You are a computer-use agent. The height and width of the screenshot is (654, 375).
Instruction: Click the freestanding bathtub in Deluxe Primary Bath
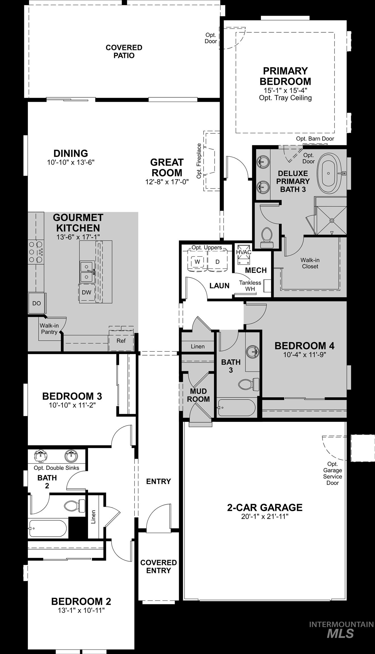[329, 173]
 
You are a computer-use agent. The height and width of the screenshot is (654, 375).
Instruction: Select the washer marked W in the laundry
[197, 262]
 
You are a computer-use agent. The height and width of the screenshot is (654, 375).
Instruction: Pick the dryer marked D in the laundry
[217, 262]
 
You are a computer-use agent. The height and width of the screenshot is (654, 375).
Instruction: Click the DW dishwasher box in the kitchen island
[86, 292]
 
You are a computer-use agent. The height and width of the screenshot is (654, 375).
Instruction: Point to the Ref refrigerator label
[121, 341]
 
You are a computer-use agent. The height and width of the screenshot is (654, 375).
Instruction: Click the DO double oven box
[37, 303]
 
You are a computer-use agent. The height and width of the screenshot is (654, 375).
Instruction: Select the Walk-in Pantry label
[49, 329]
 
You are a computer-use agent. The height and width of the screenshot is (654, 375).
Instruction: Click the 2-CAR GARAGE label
[265, 507]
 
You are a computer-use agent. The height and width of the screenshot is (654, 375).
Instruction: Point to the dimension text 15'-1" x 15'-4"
[285, 90]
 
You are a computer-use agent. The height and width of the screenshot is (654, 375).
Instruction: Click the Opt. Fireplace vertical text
[199, 161]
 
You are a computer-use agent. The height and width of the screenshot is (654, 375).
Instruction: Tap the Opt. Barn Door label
[315, 139]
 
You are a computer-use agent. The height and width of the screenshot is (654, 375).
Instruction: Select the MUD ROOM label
[198, 395]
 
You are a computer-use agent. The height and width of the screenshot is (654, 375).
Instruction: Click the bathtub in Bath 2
[48, 528]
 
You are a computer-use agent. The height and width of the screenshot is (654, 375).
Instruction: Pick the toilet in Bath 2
[75, 506]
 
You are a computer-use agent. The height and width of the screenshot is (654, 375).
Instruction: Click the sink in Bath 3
[253, 352]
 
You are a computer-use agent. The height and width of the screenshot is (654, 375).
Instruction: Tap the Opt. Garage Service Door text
[332, 473]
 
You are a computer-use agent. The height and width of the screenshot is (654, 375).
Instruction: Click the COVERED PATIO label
[124, 51]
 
